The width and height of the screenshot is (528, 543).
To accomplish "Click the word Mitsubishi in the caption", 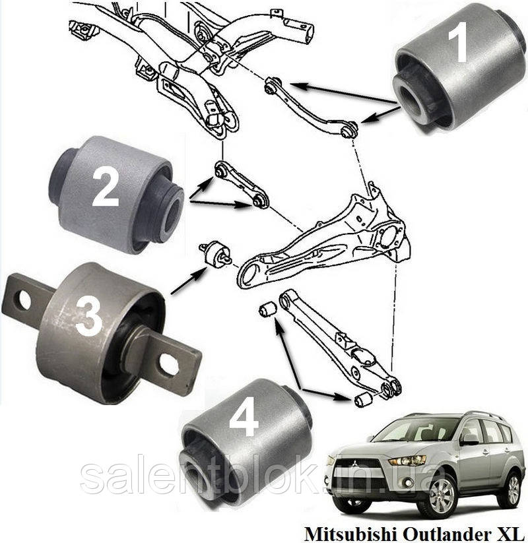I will [343, 531].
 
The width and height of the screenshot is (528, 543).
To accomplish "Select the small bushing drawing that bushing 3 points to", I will [215, 254].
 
